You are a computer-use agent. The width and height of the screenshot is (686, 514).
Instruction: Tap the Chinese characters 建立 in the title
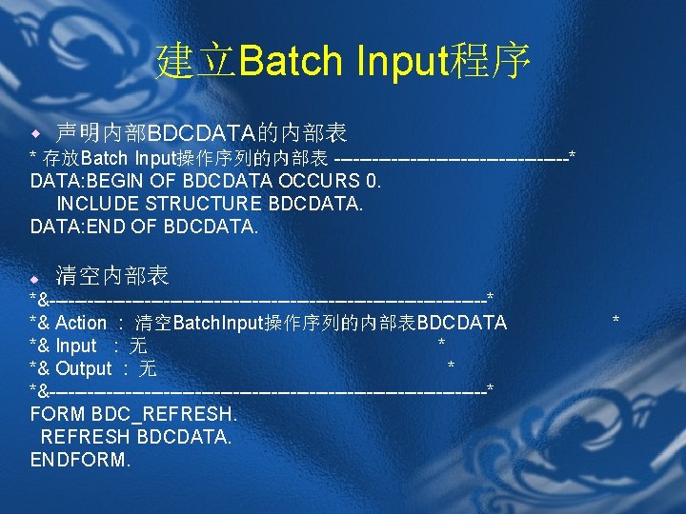tap(197, 62)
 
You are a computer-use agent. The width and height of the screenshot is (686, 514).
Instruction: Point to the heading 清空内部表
tap(112, 277)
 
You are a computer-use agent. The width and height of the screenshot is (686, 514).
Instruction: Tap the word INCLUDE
tap(98, 204)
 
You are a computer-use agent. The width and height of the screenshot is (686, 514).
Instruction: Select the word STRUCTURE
tap(205, 204)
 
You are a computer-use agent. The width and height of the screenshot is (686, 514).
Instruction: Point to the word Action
tap(81, 323)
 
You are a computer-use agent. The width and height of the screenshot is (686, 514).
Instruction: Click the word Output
tap(84, 368)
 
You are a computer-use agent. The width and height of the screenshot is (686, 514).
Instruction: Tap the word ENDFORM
tap(80, 460)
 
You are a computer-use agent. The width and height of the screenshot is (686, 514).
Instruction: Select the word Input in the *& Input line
tap(76, 346)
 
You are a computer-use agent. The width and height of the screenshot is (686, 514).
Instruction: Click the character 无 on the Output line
tap(148, 368)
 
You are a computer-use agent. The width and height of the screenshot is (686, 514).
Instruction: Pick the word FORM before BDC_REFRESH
tap(58, 414)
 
